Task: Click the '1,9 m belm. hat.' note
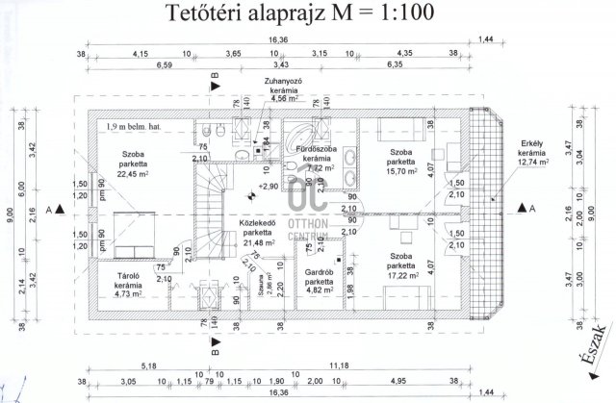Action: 131,126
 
